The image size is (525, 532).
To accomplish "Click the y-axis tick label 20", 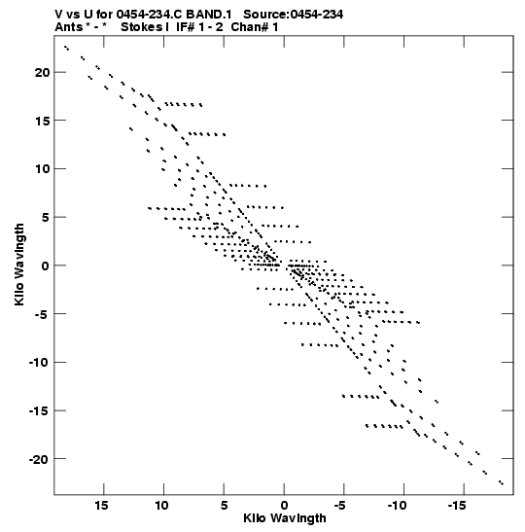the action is point(42,72).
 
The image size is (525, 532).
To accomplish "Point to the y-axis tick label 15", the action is point(42,121).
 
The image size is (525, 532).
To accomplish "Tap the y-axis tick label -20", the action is point(39,460).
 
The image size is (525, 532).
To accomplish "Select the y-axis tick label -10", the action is point(39,363).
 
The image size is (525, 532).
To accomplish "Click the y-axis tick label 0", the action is point(45,266).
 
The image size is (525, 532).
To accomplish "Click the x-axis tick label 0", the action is point(284,506).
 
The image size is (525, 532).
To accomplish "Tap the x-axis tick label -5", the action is point(341,506).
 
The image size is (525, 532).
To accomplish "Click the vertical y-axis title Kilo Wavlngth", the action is point(19,265).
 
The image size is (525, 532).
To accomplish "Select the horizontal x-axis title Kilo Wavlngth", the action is point(285,518).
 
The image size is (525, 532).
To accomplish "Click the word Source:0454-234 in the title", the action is point(293,15).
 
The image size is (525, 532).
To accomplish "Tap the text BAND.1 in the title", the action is point(209,15).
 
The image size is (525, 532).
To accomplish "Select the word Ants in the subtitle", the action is point(69,27).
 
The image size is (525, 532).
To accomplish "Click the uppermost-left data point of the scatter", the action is point(65,47).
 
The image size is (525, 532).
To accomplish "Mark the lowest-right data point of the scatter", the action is point(503,483).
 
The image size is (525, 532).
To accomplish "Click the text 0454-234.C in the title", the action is point(149,15).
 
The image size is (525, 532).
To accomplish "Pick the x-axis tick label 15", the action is point(101,506).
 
